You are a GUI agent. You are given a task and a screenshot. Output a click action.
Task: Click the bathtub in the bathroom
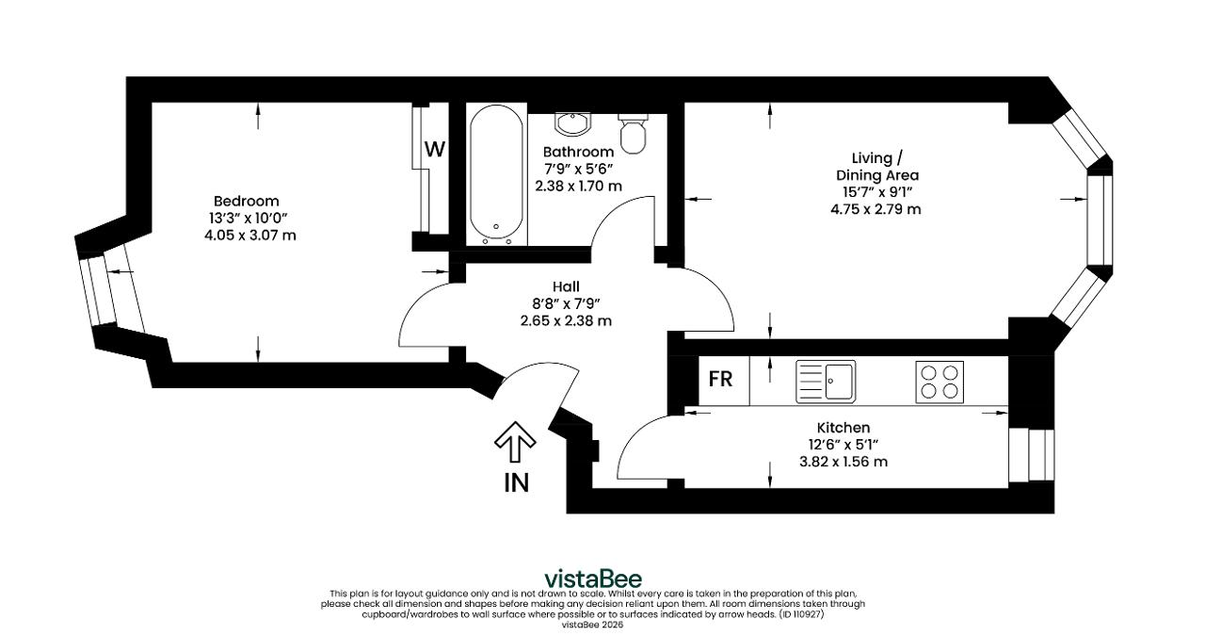pyautogui.click(x=496, y=174)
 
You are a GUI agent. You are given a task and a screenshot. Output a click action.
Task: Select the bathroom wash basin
pyautogui.click(x=573, y=123)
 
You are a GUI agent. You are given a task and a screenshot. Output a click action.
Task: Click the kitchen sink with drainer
pyautogui.click(x=826, y=382)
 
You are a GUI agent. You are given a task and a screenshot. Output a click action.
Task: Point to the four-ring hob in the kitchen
pyautogui.click(x=940, y=382)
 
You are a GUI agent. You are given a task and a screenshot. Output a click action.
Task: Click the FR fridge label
pyautogui.click(x=720, y=379)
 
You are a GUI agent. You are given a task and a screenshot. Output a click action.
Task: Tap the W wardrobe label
pyautogui.click(x=435, y=149)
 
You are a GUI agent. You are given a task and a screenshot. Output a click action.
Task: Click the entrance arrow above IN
pyautogui.click(x=515, y=442)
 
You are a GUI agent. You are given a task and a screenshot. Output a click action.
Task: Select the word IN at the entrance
pyautogui.click(x=517, y=483)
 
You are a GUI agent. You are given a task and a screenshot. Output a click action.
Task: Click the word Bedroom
pyautogui.click(x=247, y=201)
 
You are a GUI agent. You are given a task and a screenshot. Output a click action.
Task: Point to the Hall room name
pyautogui.click(x=566, y=286)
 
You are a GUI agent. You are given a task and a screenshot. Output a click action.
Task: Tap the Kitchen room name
pyautogui.click(x=843, y=428)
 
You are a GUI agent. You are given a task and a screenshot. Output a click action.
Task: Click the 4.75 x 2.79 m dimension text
pyautogui.click(x=876, y=209)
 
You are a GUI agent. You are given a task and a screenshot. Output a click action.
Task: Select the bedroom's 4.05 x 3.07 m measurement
pyautogui.click(x=250, y=236)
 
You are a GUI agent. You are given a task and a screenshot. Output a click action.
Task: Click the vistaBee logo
pyautogui.click(x=593, y=579)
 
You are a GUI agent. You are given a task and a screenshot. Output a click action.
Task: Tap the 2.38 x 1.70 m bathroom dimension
pyautogui.click(x=578, y=187)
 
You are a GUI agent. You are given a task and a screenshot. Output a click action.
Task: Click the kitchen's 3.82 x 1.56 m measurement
pyautogui.click(x=843, y=462)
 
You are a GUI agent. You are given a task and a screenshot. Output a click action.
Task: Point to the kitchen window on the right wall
pyautogui.click(x=1031, y=454)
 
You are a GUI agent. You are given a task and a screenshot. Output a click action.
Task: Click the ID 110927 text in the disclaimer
pyautogui.click(x=801, y=614)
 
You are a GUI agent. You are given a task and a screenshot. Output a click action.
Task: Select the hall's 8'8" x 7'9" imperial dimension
pyautogui.click(x=566, y=303)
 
